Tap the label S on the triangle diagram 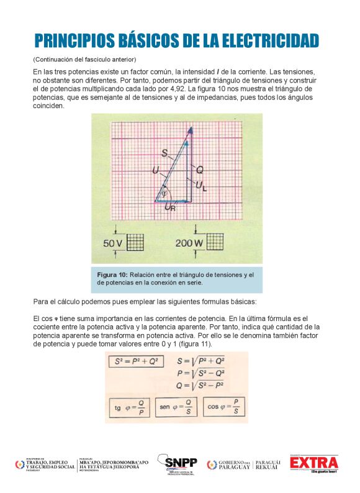coord(164,152)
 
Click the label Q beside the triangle coord(199,168)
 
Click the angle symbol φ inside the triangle coord(164,194)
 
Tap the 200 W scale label coord(189,243)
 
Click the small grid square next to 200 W coord(215,242)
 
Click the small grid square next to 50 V coord(136,242)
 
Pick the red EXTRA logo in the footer coord(315,464)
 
